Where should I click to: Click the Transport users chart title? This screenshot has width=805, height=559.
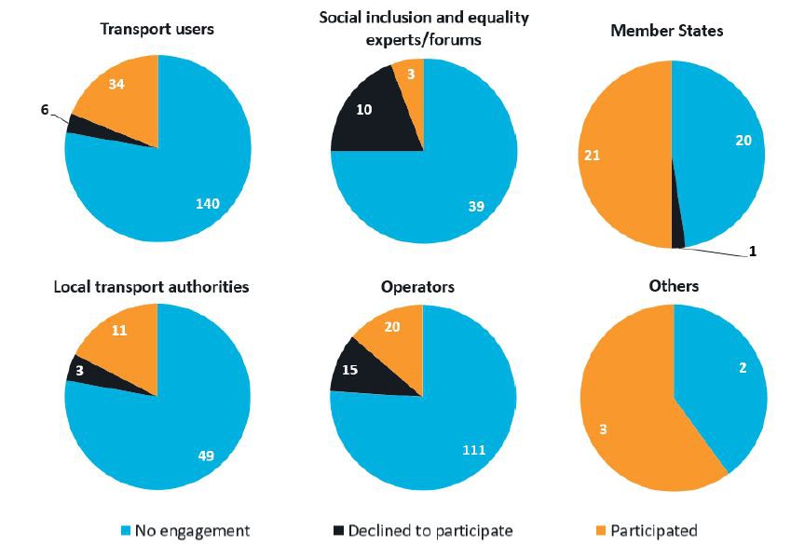click(157, 29)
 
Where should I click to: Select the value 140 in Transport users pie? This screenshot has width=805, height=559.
click(206, 204)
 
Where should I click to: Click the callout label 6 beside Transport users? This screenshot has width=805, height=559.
click(45, 109)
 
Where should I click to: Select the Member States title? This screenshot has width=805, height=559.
click(666, 31)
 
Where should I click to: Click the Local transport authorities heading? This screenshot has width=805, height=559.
click(151, 286)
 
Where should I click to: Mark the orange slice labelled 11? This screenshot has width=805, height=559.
click(118, 331)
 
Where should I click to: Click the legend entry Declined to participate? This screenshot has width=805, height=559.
click(430, 531)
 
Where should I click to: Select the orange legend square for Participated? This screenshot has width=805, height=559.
click(601, 531)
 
